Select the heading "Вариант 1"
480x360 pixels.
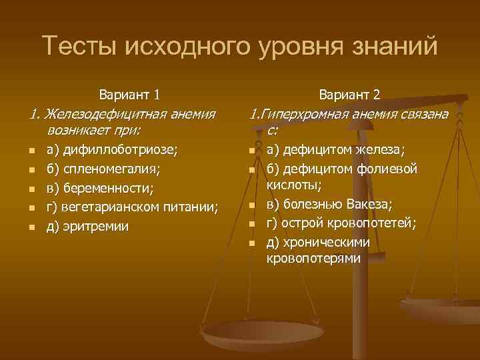(128, 95)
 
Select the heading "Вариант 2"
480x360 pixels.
(350, 95)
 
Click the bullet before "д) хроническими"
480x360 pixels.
(252, 243)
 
